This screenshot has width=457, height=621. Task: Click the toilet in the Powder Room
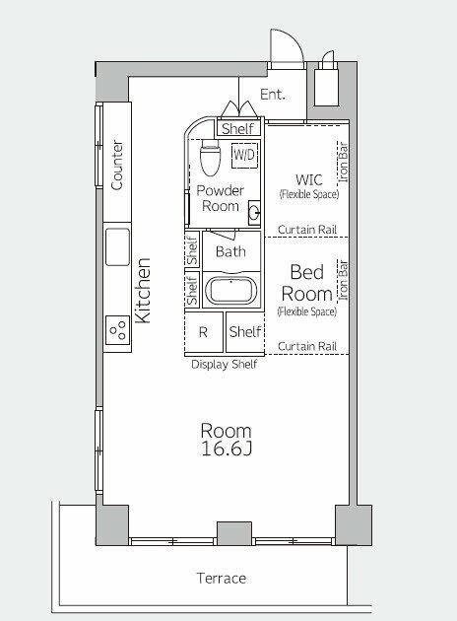click(x=210, y=158)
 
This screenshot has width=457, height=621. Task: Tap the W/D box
click(x=244, y=156)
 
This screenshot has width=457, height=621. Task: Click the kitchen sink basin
click(x=117, y=246)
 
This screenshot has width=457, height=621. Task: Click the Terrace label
click(x=222, y=579)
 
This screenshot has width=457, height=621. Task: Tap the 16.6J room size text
click(x=227, y=449)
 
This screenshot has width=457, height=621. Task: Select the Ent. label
click(x=272, y=95)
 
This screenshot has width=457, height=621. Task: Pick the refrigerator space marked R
click(x=203, y=332)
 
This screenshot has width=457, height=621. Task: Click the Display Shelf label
click(x=225, y=365)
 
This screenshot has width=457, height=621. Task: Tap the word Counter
click(x=117, y=166)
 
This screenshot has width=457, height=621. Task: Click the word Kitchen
click(x=143, y=291)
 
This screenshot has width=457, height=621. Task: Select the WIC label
click(x=309, y=179)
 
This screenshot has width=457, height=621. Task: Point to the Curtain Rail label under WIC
click(x=307, y=230)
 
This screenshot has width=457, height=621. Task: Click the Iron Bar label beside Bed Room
click(x=343, y=280)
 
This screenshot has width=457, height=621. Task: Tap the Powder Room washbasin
click(x=254, y=213)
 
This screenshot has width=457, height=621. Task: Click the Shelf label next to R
click(x=245, y=331)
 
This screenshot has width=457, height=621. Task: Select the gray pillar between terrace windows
click(x=234, y=533)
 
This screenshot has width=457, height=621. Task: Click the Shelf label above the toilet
click(x=237, y=129)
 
